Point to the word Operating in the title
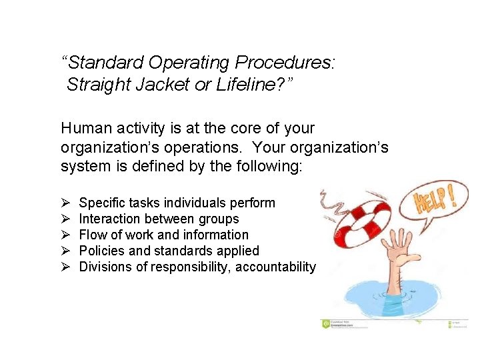(x=193, y=63)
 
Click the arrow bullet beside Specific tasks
(x=65, y=203)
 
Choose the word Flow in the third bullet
(x=91, y=235)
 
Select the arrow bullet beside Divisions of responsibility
(x=65, y=267)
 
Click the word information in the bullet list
(x=215, y=235)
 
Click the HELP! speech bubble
(x=434, y=202)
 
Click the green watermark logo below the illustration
(x=326, y=323)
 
